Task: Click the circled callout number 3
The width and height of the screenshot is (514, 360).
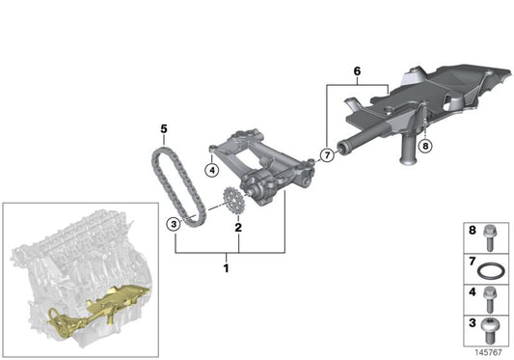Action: tap(174, 225)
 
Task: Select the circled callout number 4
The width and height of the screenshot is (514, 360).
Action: tap(212, 170)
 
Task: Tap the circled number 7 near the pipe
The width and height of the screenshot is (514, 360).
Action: tap(327, 154)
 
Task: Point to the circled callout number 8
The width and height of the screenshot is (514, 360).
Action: tap(425, 146)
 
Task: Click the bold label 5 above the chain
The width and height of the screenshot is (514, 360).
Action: tap(164, 129)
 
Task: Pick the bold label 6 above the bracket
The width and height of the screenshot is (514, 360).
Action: tap(357, 71)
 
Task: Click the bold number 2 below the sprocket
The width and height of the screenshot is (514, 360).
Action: tap(238, 228)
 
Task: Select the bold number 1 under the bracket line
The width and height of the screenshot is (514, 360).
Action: tap(226, 268)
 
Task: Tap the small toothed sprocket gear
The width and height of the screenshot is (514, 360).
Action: tap(232, 201)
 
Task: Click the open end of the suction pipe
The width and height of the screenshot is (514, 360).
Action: tap(342, 147)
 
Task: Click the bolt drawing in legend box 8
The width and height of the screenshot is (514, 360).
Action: tap(490, 238)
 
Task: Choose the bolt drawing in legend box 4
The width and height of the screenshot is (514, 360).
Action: tap(490, 299)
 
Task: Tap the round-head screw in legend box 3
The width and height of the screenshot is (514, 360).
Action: tap(491, 330)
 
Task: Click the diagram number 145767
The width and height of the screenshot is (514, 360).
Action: tap(488, 352)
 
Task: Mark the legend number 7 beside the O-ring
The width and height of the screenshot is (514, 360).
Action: tap(472, 262)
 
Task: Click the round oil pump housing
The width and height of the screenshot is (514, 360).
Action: tap(260, 189)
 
